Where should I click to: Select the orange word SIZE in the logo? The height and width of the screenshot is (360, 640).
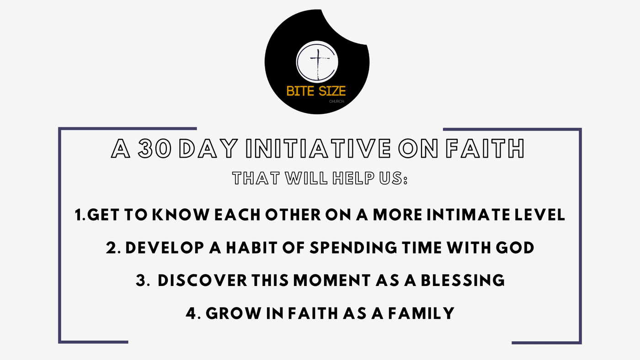click(x=332, y=91)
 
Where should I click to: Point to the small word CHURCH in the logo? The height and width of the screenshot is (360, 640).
click(x=336, y=101)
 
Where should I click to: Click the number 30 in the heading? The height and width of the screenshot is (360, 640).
click(x=155, y=148)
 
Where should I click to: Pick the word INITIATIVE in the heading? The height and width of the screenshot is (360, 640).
click(x=318, y=148)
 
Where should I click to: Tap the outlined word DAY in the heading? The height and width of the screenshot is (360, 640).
click(x=208, y=148)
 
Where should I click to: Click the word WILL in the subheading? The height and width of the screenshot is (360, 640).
click(x=306, y=178)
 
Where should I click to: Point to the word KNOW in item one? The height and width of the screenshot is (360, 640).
click(x=181, y=215)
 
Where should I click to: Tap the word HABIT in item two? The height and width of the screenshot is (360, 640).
click(x=251, y=248)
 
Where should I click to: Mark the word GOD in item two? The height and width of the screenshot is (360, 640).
click(x=515, y=248)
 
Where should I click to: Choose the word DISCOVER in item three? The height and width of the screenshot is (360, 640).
click(x=202, y=281)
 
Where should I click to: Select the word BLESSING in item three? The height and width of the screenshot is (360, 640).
click(x=463, y=281)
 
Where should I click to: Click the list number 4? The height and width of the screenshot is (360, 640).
click(x=191, y=313)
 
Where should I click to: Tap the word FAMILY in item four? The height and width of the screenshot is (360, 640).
click(x=421, y=313)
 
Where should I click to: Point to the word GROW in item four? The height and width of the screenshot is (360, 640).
click(x=234, y=313)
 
